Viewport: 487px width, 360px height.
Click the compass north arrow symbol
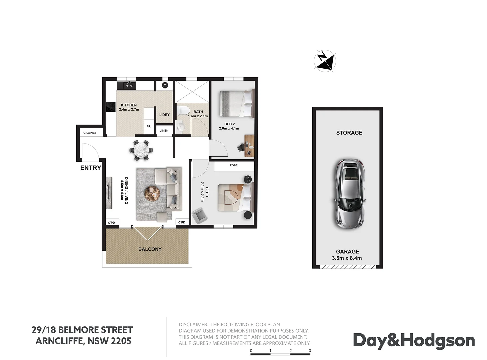coord(325,61)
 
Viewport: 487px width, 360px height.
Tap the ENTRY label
coord(90,168)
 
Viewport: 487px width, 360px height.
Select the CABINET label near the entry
coord(90,133)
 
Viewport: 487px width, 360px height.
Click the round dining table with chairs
coord(141,150)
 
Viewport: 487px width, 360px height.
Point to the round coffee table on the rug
coord(152,193)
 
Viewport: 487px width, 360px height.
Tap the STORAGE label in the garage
coord(349,133)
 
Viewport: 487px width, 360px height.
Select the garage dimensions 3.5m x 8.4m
coord(347,258)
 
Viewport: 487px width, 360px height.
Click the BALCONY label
coord(150,249)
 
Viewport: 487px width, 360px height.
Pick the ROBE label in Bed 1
coord(233,165)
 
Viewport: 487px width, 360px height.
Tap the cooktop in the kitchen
coord(111,107)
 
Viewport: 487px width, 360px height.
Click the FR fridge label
coord(148,126)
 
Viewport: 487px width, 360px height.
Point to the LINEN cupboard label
coord(164,131)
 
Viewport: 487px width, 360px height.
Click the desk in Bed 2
coord(249,146)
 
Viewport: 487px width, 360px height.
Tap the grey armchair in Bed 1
coord(200,216)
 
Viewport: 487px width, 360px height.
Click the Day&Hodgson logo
coord(414,341)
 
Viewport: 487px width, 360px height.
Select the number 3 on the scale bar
coord(310,350)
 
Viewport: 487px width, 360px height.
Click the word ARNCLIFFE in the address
coord(60,341)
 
